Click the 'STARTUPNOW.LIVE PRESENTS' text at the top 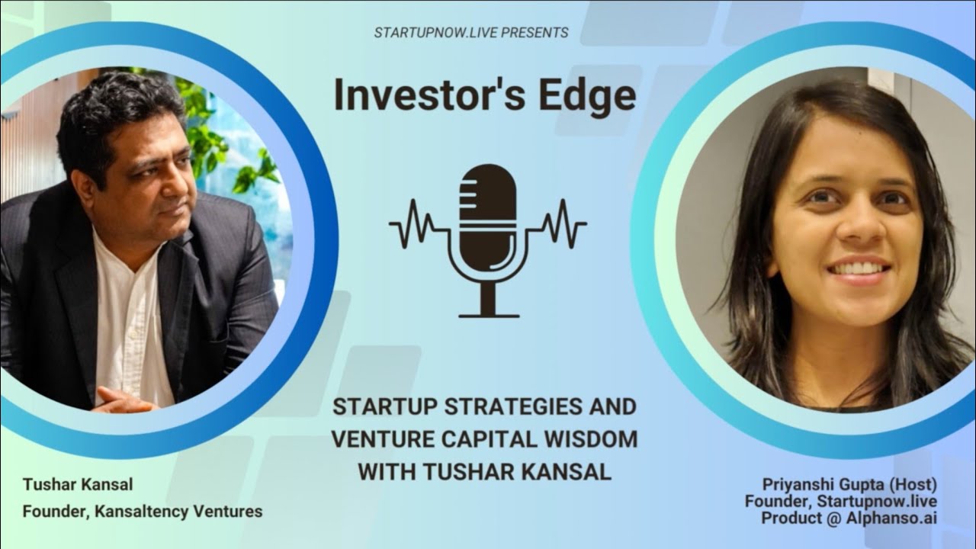tap(470, 33)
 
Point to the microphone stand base tap(488, 312)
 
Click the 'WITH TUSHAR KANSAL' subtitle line tap(484, 472)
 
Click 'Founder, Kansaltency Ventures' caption tap(143, 512)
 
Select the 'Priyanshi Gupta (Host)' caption tap(849, 484)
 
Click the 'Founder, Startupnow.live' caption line tap(840, 501)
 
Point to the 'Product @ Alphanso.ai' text tap(849, 518)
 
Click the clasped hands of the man tap(122, 399)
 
